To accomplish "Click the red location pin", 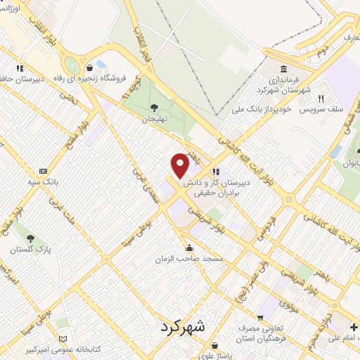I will tap(180, 165).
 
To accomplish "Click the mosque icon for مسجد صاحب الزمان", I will tap(189, 248).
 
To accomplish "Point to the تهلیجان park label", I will tap(153, 119).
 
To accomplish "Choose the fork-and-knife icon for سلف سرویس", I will tap(320, 99).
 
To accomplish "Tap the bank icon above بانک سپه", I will tap(44, 171).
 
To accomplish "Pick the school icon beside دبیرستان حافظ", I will tap(20, 68).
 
